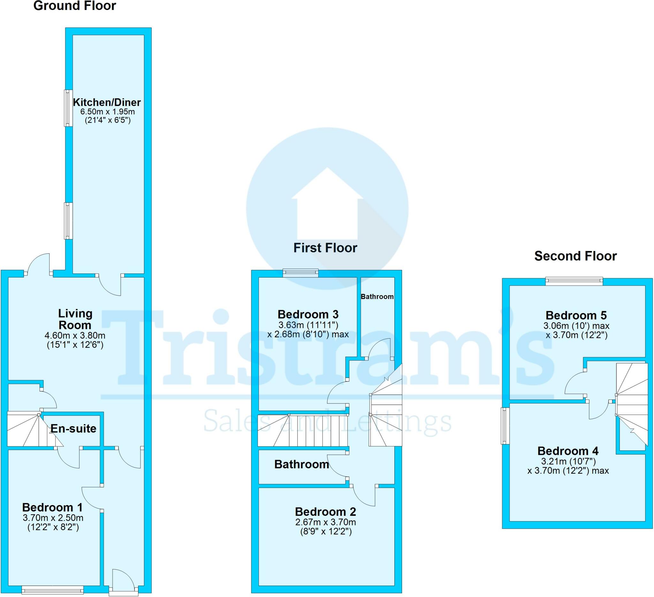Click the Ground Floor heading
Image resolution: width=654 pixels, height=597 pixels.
point(75,6)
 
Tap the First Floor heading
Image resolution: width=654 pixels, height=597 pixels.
point(325,248)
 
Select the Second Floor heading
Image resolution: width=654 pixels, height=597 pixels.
point(575,256)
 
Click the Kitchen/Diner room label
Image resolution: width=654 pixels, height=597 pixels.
point(107,103)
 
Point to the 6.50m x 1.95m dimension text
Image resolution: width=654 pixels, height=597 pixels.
point(107,111)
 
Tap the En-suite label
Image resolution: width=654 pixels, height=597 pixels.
point(73,429)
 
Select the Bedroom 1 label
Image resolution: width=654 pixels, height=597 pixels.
point(52,507)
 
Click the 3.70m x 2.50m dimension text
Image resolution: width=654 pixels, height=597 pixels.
point(53,517)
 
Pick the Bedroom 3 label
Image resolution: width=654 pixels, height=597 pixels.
point(308,314)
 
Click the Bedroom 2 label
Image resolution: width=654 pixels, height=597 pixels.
point(325,512)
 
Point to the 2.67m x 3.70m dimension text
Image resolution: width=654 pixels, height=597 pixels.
point(325,522)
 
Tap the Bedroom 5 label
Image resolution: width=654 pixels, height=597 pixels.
point(576,315)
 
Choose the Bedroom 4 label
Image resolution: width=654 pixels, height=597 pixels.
point(568,451)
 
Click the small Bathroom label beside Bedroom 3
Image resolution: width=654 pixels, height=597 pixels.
point(377,296)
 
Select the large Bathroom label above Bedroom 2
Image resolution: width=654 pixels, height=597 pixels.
point(301,464)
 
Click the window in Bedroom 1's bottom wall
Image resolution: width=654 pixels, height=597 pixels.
point(53,590)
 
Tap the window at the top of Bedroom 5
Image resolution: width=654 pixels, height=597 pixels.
point(574,281)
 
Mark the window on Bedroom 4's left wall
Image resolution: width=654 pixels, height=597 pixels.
point(505,426)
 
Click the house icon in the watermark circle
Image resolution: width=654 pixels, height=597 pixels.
point(327,204)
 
